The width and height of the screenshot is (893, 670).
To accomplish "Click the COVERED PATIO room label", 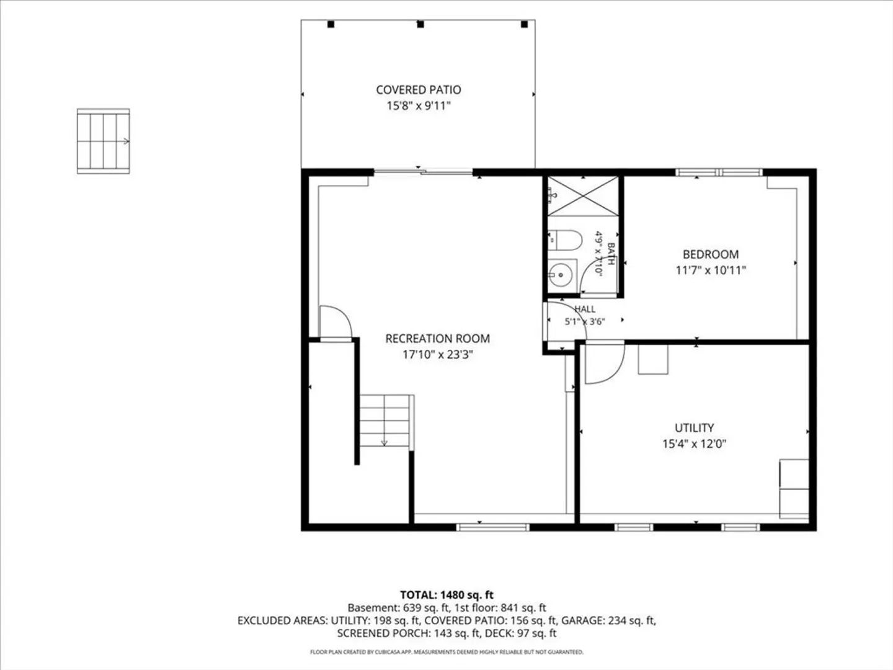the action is click(x=418, y=90).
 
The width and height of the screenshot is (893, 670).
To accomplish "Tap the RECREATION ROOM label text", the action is click(x=437, y=339).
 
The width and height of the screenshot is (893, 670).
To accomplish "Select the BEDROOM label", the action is click(x=710, y=254).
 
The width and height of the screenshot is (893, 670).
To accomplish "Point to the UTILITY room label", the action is click(x=694, y=428).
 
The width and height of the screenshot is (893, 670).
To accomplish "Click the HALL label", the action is click(x=585, y=309).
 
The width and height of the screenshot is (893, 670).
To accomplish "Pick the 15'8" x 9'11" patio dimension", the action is click(x=418, y=106).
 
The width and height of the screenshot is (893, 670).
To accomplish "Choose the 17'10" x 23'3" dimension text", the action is click(x=437, y=355).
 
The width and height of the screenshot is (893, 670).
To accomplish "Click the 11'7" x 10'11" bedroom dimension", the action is click(x=710, y=270).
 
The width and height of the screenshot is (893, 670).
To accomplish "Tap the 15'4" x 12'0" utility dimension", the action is click(x=694, y=444).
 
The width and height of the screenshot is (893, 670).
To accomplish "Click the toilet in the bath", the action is click(x=565, y=241).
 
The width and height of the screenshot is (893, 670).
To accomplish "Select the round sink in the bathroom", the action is click(x=561, y=275).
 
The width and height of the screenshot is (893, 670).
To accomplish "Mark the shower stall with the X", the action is click(x=583, y=195).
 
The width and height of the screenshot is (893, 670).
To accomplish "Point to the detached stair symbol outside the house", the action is click(x=104, y=141).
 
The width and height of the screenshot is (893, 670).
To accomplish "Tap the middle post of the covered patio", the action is click(x=420, y=24).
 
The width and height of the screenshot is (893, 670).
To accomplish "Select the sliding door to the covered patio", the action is click(x=423, y=172).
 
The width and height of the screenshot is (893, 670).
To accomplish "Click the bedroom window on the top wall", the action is click(x=719, y=172).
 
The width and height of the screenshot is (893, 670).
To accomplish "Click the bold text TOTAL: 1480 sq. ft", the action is click(x=446, y=595).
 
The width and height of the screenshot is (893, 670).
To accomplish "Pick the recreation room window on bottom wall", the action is click(x=492, y=527).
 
